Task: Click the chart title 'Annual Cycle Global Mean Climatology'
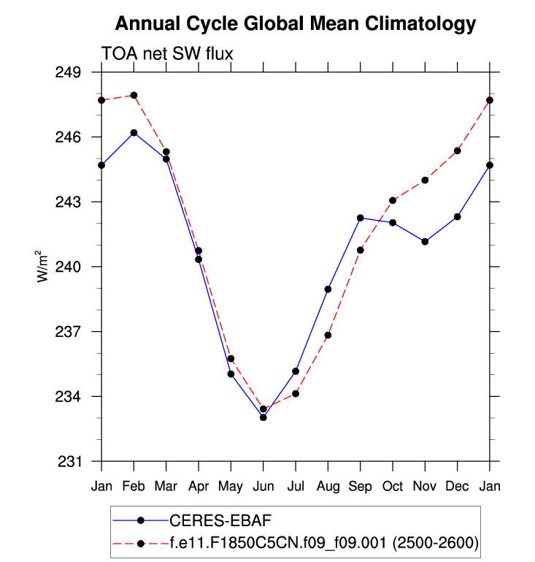tap(296, 24)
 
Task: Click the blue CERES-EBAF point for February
tap(134, 133)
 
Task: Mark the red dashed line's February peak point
tap(134, 95)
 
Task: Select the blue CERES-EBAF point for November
tap(425, 241)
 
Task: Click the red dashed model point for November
tap(425, 180)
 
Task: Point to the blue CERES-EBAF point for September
tap(361, 218)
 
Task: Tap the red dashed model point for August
tap(328, 335)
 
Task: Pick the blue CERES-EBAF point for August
tap(328, 289)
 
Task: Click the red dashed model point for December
tap(458, 151)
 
